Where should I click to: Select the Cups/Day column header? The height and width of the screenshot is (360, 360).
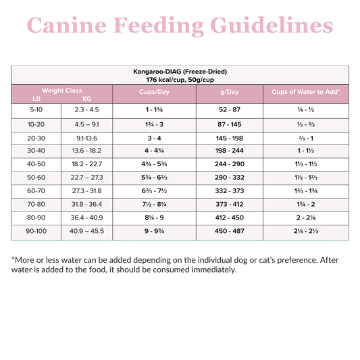tap(153, 91)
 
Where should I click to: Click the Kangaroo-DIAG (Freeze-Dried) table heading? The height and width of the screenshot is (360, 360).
tap(180, 71)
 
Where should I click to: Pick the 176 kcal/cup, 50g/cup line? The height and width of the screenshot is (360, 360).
tap(180, 79)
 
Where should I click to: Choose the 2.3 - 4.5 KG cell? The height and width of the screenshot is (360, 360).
tap(86, 110)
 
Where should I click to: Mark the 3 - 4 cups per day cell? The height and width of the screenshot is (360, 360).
tap(153, 138)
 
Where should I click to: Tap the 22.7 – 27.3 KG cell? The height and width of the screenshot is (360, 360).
tap(86, 178)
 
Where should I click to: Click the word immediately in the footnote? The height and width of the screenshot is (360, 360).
tap(209, 270)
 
